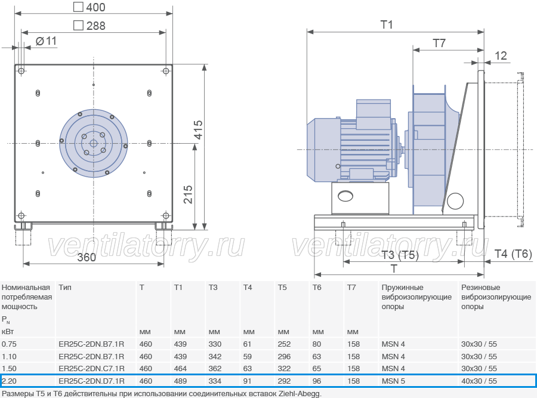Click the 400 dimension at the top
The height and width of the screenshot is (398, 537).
pos(89,7)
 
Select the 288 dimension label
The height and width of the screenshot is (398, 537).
pos(89,26)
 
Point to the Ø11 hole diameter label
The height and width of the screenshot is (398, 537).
pos(46,41)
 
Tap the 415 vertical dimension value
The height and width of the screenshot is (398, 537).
pos(198,130)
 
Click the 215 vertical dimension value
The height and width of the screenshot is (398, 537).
pos(188,195)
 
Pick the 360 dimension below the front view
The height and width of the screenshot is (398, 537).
pos(87,257)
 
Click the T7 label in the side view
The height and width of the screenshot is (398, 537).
pos(439,43)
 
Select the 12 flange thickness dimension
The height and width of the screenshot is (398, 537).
pos(501,55)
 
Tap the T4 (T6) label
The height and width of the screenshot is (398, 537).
pos(513,254)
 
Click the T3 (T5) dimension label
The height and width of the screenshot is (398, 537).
pos(400,255)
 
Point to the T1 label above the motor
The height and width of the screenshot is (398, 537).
pos(387,24)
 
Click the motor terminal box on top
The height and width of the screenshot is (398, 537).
pos(374,115)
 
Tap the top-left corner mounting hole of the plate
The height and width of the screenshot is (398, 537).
pos(21,71)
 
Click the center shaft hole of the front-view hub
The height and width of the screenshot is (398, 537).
pos(94,143)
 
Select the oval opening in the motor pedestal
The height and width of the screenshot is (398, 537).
pos(345,196)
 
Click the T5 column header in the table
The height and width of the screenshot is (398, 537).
pos(282,288)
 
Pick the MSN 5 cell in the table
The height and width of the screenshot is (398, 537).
pos(393,381)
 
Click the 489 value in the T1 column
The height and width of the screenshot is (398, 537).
pos(180,381)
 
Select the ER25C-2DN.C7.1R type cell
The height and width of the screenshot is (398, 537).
pos(91,369)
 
